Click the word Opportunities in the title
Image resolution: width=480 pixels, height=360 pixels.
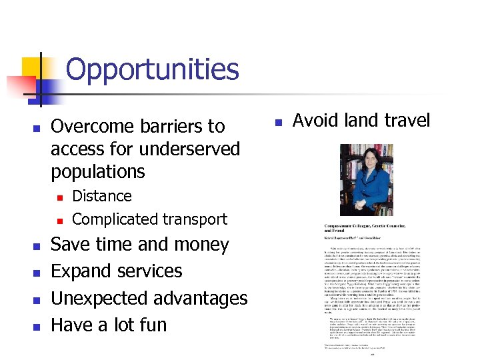point(152,69)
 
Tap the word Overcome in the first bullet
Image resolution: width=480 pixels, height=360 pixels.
point(93,127)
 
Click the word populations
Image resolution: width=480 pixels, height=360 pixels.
point(97,171)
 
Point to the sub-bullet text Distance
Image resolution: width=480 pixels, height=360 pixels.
point(101,196)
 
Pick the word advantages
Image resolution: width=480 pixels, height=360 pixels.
point(203,298)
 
